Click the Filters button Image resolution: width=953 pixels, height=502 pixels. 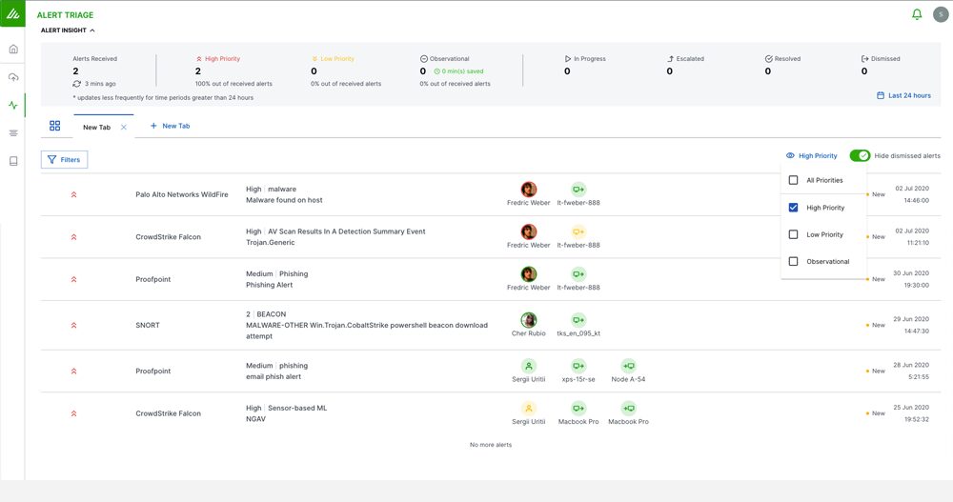[x=65, y=160]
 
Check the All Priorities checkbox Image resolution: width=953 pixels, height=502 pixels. [x=793, y=180]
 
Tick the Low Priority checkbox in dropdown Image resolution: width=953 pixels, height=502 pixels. [x=793, y=234]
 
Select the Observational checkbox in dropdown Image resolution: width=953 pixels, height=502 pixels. [x=793, y=261]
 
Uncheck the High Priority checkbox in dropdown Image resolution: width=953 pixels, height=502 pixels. [x=793, y=208]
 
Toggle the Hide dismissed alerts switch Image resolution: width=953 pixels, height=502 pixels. [x=860, y=155]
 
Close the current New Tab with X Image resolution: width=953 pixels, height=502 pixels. [x=124, y=127]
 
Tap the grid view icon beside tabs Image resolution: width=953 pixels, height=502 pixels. [x=55, y=126]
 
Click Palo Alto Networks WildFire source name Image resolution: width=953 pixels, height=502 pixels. [x=182, y=194]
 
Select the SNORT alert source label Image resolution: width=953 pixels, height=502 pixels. [x=148, y=325]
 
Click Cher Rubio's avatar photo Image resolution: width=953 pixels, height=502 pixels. [x=528, y=320]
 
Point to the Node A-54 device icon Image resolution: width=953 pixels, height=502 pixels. [x=628, y=366]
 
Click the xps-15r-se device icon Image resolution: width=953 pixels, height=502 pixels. [x=578, y=366]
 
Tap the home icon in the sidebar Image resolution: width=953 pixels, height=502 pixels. [x=13, y=50]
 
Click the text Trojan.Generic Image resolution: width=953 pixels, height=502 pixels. [x=272, y=242]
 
